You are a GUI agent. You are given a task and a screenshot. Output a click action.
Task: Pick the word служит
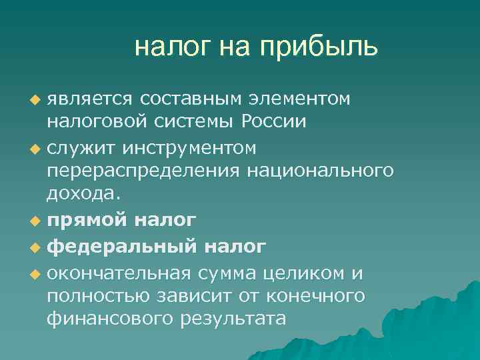77,146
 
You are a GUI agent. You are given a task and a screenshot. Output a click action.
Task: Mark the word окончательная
116,273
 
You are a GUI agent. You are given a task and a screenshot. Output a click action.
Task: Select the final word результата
233,319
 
